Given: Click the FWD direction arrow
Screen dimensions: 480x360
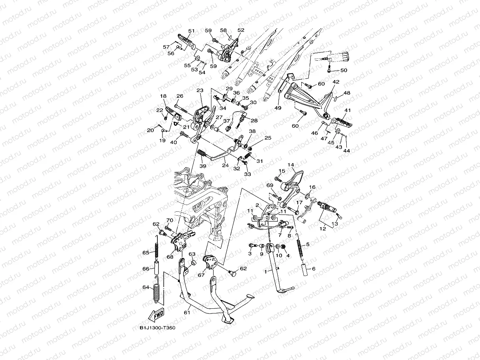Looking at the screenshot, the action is tap(156, 315).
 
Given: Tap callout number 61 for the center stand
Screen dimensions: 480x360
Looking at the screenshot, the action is tap(187, 313).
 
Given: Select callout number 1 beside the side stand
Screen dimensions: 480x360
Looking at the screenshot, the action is tap(266, 272).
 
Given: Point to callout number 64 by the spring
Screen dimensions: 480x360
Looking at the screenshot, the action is tap(146, 287).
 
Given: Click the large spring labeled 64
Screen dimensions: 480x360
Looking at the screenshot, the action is tap(156, 290).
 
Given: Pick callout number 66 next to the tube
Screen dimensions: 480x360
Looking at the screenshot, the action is tap(146, 269).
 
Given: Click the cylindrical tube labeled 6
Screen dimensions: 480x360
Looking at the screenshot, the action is tap(304, 270).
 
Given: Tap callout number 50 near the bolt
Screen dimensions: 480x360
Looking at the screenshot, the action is tap(344, 70).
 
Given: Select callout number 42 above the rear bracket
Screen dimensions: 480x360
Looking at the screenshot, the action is tap(336, 82).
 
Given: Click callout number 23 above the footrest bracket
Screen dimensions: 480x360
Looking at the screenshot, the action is tap(200, 90).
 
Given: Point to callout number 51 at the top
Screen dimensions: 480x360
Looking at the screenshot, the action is tap(191, 31).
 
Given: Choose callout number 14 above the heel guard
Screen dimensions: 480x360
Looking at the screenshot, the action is tap(291, 165).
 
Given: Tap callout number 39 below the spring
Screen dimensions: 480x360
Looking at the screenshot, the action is tap(203, 166).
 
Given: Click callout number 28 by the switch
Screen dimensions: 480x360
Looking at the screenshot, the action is tap(254, 120).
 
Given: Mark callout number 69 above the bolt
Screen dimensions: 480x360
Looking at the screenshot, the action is tap(270, 185).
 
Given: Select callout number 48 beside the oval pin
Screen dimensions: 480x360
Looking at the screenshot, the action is tap(347, 93).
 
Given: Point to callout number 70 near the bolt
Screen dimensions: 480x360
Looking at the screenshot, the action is tap(170, 220).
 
